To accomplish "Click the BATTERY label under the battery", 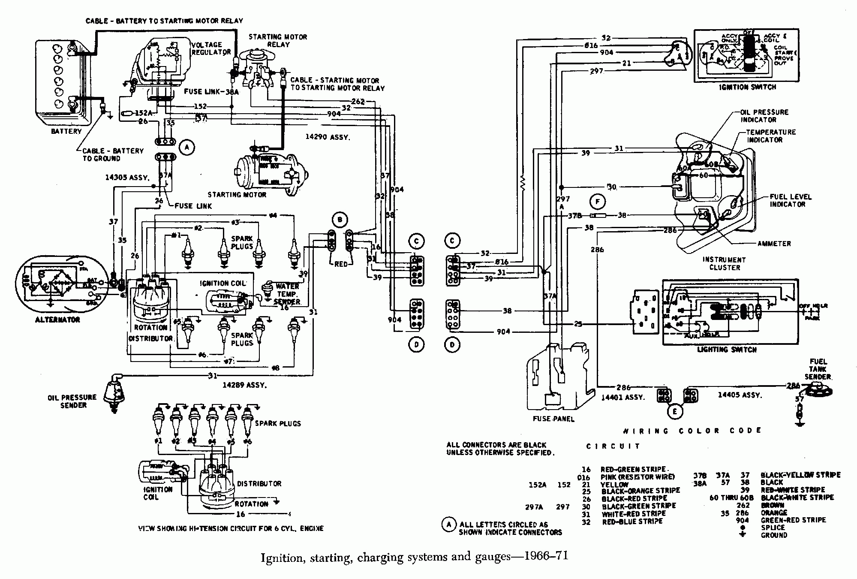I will (66, 131).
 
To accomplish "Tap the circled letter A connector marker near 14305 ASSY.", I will (186, 148).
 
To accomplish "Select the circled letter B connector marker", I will (340, 220).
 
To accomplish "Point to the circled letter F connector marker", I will (597, 201).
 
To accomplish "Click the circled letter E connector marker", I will (675, 412).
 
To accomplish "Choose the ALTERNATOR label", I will (57, 320).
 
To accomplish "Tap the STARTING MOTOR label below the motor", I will (237, 195).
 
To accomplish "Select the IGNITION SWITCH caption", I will (748, 87).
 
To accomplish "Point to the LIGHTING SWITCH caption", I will (727, 350).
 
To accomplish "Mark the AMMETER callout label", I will (774, 244).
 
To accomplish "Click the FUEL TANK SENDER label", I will (818, 369).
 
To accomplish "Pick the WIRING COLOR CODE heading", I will (692, 431).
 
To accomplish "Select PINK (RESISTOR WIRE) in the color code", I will (637, 477).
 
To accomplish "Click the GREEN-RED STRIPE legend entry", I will (793, 520).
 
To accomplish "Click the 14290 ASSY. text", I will (328, 137).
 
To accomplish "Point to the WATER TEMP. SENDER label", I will (287, 294).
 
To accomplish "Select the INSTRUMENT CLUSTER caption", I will (725, 263).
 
